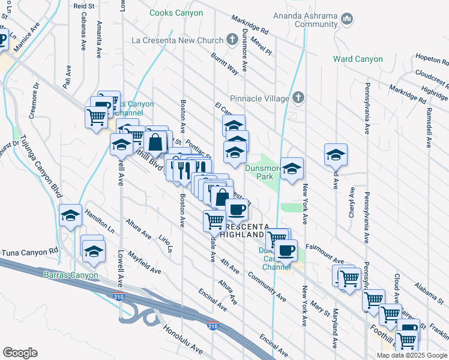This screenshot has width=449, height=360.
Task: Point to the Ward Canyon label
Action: point(358,59)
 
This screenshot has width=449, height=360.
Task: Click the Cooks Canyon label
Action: point(176,12)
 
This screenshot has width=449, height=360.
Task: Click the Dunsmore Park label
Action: point(261,172)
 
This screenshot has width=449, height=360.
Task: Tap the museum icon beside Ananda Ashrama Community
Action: point(347,19)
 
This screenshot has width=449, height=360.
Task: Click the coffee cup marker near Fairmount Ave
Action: point(286,249)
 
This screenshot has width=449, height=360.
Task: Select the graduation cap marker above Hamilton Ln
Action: point(71,215)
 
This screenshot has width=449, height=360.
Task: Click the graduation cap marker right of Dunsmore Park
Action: point(292,169)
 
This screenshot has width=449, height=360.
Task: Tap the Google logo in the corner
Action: point(20,353)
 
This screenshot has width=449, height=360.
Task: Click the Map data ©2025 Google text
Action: point(412,355)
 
